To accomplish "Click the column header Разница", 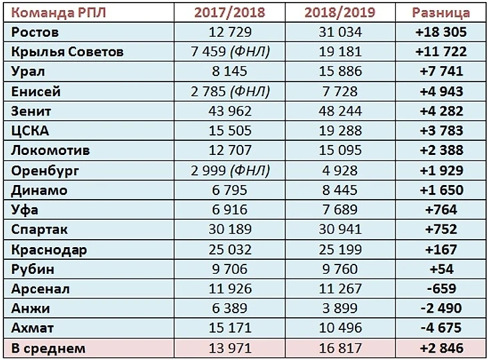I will (x=441, y=13).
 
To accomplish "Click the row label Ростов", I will (x=36, y=32).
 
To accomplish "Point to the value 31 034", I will (x=338, y=32).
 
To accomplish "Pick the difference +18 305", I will (x=441, y=32).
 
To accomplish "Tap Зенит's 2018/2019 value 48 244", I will (x=338, y=111).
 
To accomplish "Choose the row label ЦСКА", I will (x=31, y=131).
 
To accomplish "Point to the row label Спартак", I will (x=40, y=230).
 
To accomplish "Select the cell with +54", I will (x=441, y=269).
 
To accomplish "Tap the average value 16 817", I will (x=338, y=349).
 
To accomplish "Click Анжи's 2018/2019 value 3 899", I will (x=338, y=309).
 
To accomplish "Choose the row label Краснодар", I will (x=49, y=250).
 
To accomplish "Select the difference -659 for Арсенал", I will (x=441, y=289).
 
